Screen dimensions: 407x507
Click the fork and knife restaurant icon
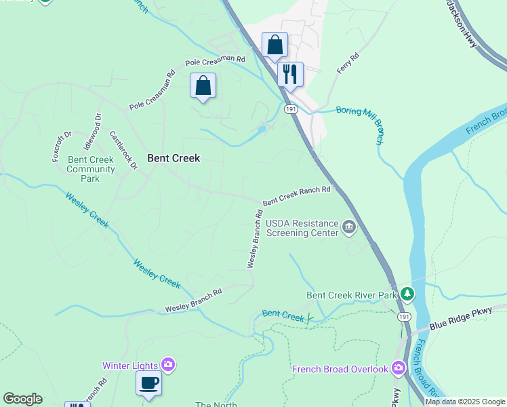(x=290, y=74)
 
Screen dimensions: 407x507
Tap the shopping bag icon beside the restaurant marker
(x=275, y=45)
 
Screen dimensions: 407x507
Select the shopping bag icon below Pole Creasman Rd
(x=203, y=86)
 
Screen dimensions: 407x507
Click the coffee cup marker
(x=148, y=383)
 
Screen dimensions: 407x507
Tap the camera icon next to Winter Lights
(x=168, y=366)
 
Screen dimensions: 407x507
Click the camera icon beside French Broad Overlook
(x=398, y=369)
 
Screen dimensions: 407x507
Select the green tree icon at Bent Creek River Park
(x=407, y=294)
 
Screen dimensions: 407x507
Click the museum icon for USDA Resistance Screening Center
(x=349, y=227)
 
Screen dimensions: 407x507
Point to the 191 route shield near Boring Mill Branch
(x=291, y=109)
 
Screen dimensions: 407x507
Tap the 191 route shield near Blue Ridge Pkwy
(x=404, y=316)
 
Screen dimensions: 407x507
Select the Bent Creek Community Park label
(x=91, y=169)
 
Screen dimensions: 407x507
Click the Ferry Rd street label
(x=346, y=64)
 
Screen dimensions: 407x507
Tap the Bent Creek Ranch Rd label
(x=296, y=195)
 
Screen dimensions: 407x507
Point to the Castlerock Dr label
(x=123, y=150)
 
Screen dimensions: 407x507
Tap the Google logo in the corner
(x=22, y=399)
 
